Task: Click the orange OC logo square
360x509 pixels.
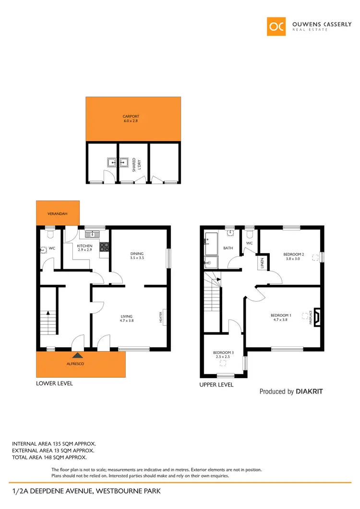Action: tap(277, 26)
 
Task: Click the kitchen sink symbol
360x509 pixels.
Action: tap(92, 234)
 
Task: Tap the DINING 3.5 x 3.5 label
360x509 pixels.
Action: tap(137, 256)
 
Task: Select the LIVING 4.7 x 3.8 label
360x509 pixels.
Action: tap(127, 318)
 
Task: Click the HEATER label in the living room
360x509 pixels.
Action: tap(160, 317)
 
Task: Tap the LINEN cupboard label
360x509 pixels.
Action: tap(263, 262)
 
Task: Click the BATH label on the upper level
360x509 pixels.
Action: tap(228, 248)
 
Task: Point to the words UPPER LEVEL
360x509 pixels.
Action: tap(216, 385)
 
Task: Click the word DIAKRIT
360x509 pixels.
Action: tap(309, 391)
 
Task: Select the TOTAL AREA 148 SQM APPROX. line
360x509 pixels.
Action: tap(49, 457)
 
